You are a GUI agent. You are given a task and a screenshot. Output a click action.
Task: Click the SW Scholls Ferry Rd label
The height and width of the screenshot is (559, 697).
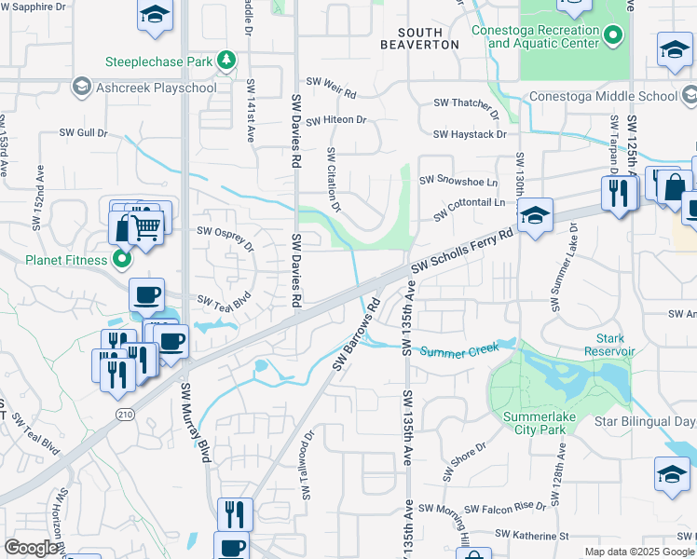coord(463,252)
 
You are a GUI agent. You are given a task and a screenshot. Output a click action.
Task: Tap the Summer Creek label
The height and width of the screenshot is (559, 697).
coord(460,351)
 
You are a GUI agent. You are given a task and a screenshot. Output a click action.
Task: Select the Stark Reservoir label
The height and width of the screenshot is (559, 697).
coord(609,345)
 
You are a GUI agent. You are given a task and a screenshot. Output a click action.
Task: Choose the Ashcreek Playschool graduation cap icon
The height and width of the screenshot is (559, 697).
coord(81,88)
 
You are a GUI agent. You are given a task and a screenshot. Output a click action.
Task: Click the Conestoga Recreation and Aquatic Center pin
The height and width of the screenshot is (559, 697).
coord(612,37)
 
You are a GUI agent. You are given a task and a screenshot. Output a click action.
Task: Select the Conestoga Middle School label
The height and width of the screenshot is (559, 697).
coord(602,96)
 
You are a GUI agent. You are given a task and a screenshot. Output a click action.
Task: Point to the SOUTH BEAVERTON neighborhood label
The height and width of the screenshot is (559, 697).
coord(420,38)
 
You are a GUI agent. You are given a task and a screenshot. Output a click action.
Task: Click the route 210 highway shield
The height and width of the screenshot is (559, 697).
coord(122,413)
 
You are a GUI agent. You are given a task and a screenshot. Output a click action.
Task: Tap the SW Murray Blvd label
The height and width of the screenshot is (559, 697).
coord(195,423)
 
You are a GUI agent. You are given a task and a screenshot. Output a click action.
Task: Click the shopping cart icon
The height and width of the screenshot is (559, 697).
coord(146,225)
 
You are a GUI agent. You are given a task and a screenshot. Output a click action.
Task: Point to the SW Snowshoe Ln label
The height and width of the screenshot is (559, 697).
coord(458,181)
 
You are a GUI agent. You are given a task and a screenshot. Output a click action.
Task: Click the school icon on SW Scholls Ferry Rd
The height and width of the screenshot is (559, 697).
coord(535,215)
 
